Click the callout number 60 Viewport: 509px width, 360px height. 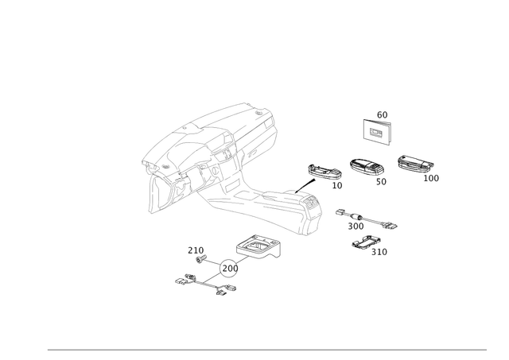click(382, 114)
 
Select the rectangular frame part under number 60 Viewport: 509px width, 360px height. click(377, 130)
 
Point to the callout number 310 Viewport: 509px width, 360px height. click(380, 252)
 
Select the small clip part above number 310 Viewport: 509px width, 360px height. click(366, 242)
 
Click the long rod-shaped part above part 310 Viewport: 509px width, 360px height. click(366, 219)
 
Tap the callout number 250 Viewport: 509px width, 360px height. click(192, 250)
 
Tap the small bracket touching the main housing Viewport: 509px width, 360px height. click(322, 172)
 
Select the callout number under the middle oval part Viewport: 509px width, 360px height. click(382, 183)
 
